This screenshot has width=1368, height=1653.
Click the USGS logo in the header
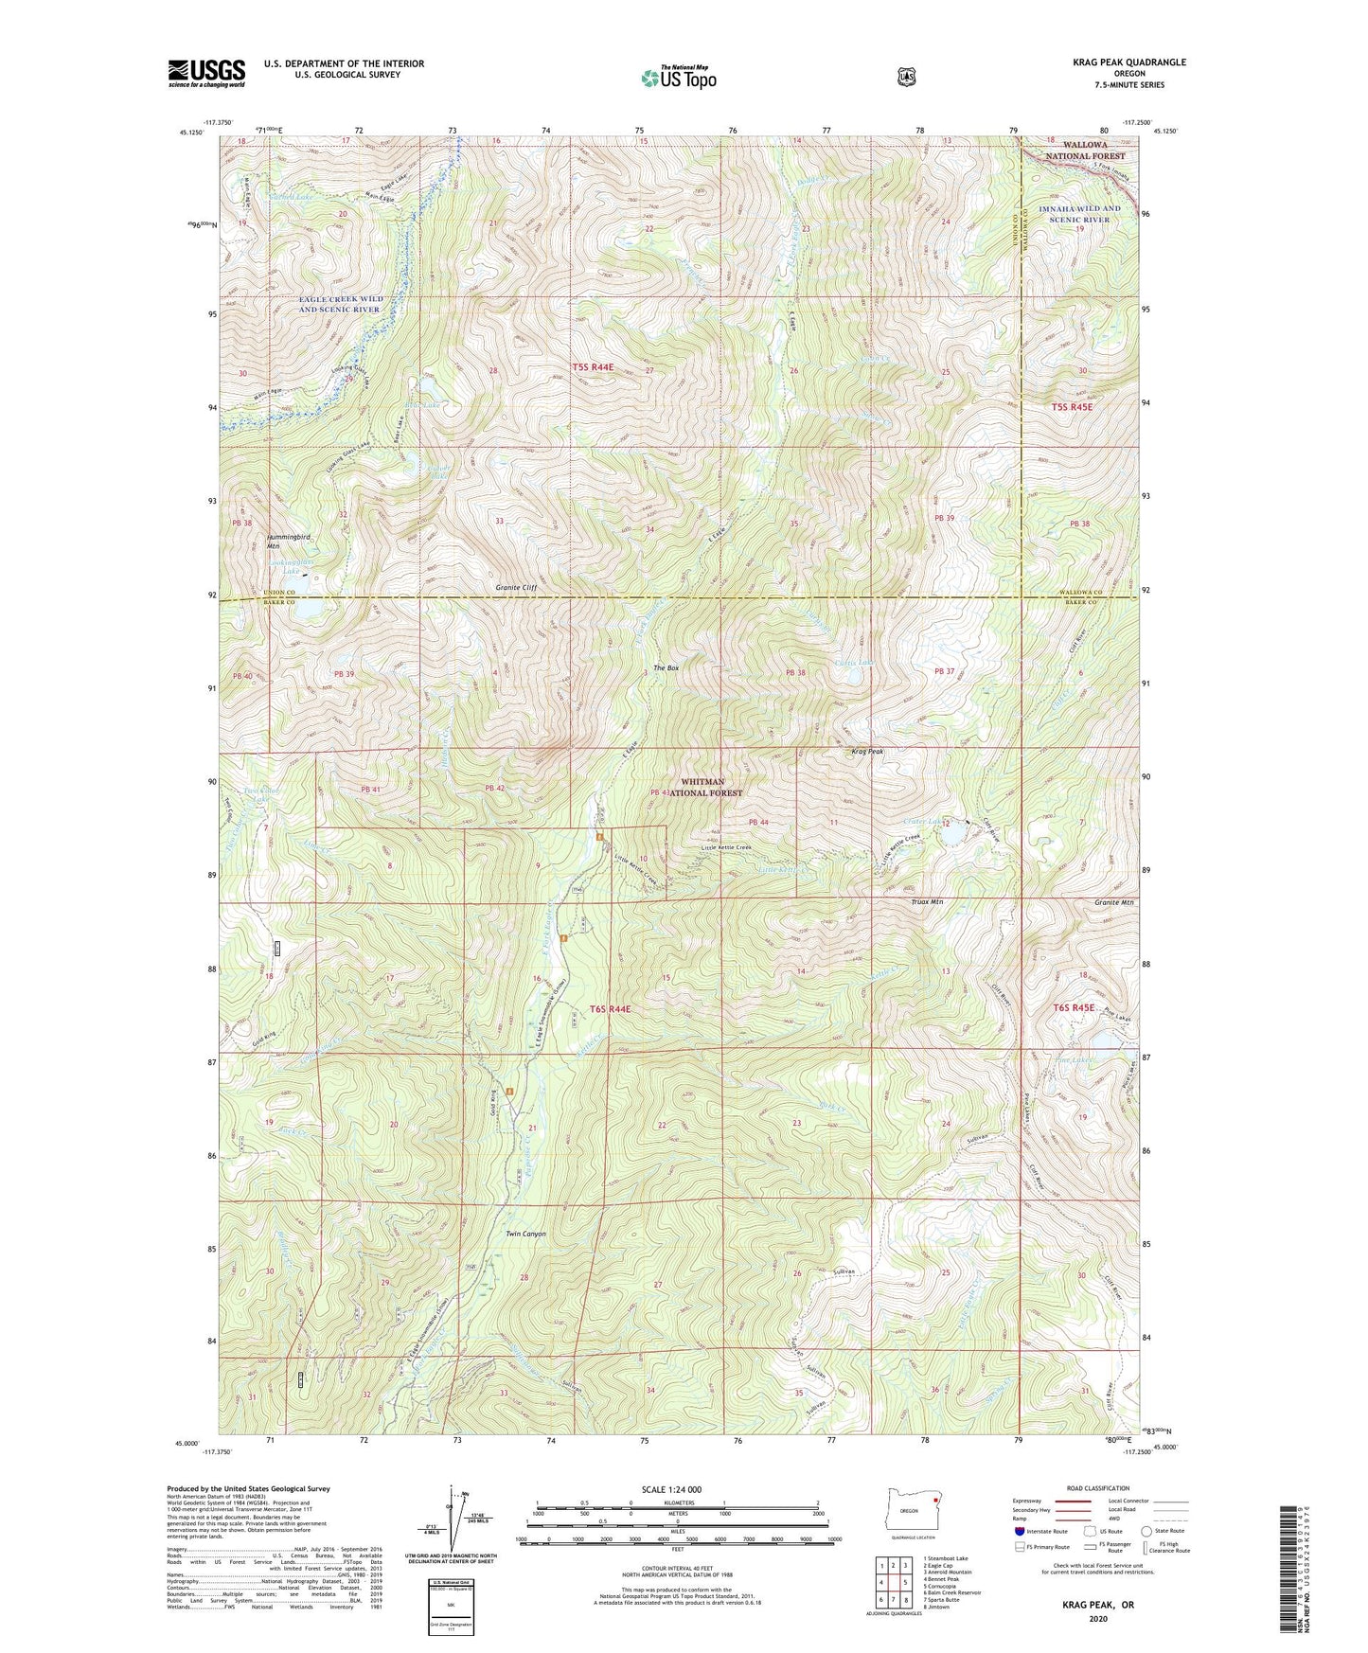click(206, 73)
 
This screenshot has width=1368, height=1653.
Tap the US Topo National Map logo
click(677, 78)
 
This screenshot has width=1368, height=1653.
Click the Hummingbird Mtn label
click(288, 542)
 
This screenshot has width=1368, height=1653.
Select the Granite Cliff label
click(516, 588)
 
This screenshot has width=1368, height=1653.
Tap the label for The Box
click(667, 668)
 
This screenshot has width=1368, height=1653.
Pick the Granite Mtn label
click(1114, 902)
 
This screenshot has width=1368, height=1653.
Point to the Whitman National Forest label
click(705, 788)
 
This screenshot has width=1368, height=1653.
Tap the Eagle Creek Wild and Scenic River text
click(339, 304)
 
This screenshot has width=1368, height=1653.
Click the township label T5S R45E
click(1072, 407)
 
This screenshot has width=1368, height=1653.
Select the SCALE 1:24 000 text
click(671, 1489)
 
